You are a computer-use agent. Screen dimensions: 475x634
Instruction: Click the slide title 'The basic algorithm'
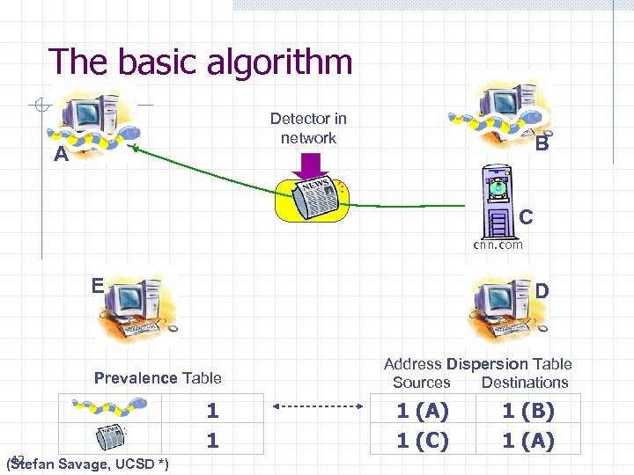[x=201, y=62]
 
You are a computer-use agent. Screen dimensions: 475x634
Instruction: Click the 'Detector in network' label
[x=308, y=128]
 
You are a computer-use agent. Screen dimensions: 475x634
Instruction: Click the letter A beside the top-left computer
[x=61, y=155]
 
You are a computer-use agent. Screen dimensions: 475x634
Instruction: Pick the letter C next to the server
[x=526, y=216]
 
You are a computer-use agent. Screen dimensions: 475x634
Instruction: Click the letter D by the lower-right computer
[x=542, y=289]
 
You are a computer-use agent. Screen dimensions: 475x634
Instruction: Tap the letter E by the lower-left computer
[x=98, y=284]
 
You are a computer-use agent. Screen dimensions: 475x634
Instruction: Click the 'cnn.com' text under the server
[x=498, y=245]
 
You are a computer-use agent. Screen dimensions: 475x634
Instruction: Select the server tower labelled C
[x=498, y=202]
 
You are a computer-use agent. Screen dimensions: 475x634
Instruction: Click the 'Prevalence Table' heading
[x=158, y=378]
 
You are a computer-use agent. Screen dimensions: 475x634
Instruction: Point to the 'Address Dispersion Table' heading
[x=478, y=364]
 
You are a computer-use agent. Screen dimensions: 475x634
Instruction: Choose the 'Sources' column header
[x=421, y=383]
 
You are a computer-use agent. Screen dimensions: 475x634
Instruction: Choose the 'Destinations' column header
[x=525, y=383]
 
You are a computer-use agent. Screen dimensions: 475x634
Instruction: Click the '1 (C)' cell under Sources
[x=423, y=440]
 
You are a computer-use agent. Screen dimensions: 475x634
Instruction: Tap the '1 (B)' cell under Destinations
[x=528, y=410]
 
